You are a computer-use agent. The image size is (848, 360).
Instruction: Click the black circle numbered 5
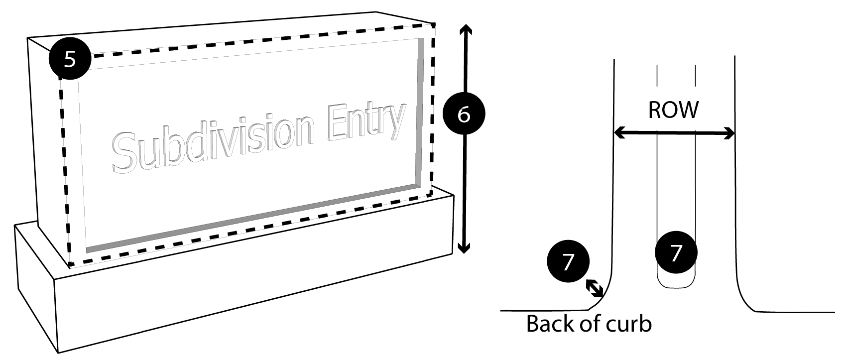click(70, 59)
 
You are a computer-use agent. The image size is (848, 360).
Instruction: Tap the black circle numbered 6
click(464, 114)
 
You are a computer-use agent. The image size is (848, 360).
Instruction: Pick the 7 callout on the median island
click(676, 253)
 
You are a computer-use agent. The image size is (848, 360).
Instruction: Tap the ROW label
click(674, 110)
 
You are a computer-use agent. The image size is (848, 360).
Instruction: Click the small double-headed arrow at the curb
click(595, 288)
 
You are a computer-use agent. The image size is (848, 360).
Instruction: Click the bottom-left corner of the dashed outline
click(69, 264)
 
